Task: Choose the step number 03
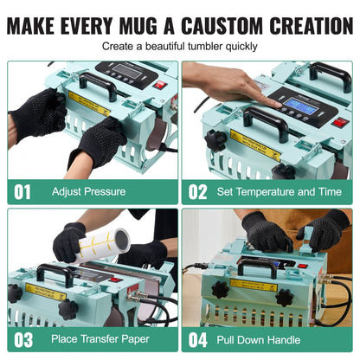click(24, 338)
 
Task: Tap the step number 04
click(200, 338)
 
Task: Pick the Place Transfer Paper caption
click(97, 338)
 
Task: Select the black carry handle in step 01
click(97, 83)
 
